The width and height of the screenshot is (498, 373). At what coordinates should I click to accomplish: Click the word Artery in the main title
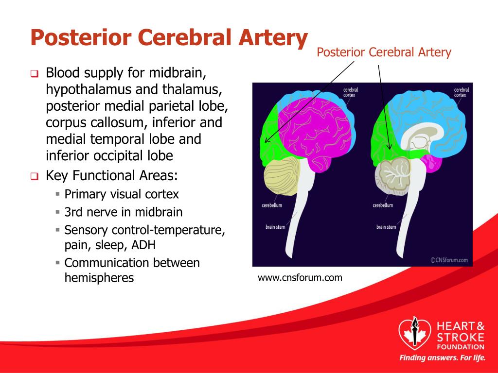pos(273,38)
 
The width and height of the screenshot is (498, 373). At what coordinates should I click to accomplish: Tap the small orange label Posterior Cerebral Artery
pos(384,52)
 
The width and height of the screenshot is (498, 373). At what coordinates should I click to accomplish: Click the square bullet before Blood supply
pos(35,74)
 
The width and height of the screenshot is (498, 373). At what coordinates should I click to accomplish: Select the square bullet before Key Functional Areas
pos(35,176)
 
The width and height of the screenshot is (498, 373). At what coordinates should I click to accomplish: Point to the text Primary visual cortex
pos(122,194)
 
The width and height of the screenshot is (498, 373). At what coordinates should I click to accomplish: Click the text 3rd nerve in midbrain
pos(124,212)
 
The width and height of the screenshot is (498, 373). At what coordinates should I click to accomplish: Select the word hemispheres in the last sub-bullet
pos(99,278)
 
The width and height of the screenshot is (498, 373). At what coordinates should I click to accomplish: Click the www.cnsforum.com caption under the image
pos(300,278)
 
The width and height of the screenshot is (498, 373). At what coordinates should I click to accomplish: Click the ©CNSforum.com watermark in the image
pos(449,260)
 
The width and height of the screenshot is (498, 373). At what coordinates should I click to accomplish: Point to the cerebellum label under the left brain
pos(272,205)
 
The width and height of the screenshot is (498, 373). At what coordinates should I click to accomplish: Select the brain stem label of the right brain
pos(386,227)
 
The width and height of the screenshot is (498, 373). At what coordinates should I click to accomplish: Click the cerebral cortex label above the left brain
pos(351,92)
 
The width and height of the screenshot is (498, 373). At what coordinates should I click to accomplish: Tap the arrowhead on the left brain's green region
pos(266,140)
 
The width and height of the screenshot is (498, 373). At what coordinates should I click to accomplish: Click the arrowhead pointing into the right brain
pos(390,147)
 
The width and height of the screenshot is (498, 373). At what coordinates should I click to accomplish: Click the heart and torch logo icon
pos(414,333)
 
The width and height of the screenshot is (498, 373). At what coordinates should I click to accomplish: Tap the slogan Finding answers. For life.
pos(443,358)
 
